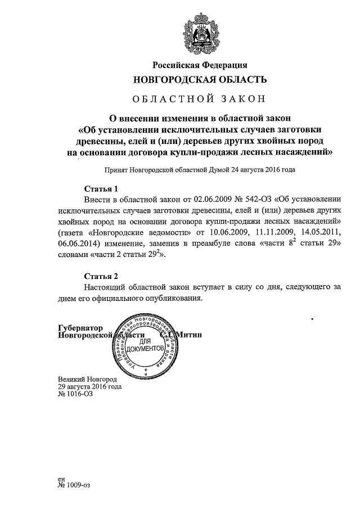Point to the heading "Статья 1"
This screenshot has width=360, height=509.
click(x=101, y=188)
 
